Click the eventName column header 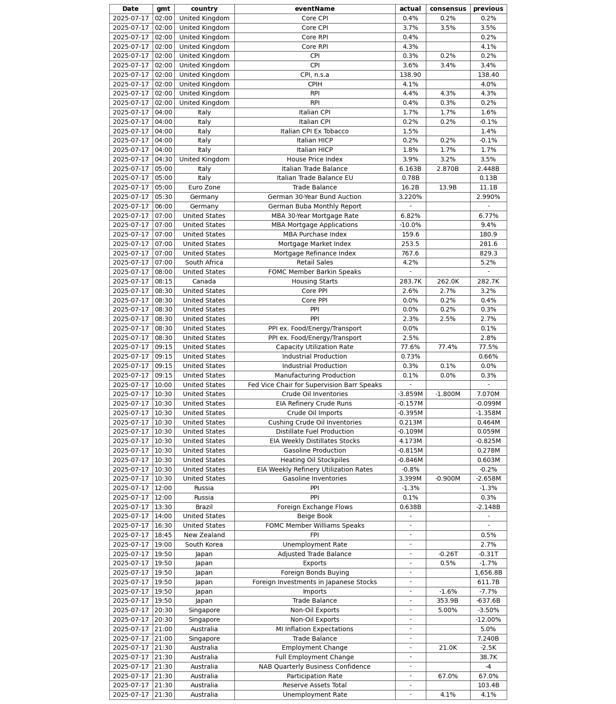coord(315,9)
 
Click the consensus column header coord(448,9)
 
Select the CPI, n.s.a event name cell coord(315,75)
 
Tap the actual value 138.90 coord(410,75)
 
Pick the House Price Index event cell coord(315,160)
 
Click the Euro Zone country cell coord(204,188)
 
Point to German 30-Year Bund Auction coord(315,197)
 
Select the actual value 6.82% coord(410,216)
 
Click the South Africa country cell coord(204,263)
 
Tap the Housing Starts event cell coord(315,282)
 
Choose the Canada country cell coord(204,282)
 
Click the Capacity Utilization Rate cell coord(315,347)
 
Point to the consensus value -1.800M coord(448,394)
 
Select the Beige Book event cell coord(315,516)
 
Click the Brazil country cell coord(204,507)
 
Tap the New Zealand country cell coord(204,535)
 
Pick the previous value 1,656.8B coord(488,573)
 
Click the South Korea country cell coord(204,545)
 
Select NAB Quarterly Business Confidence coord(315,667)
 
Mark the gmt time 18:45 coord(163,535)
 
